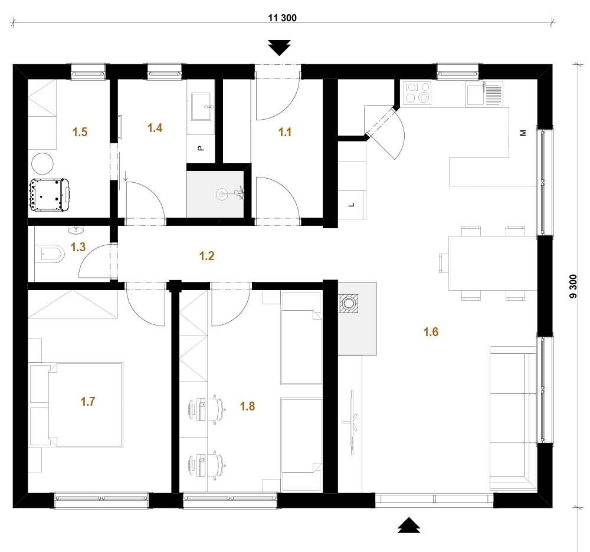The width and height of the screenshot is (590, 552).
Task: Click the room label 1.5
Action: tap(80, 132)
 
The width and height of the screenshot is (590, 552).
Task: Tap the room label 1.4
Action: tap(155, 128)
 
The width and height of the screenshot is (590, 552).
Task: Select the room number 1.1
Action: tap(285, 132)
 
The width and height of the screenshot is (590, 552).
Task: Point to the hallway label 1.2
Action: tap(206, 256)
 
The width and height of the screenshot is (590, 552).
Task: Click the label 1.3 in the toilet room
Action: tap(78, 247)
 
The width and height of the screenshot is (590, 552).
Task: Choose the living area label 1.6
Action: tap(431, 331)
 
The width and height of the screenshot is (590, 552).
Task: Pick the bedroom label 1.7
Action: tap(88, 401)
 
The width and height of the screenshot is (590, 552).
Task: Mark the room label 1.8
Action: tap(247, 406)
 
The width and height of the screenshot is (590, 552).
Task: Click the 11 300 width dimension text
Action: tap(282, 18)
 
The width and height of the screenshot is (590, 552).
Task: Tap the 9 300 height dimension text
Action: tap(573, 287)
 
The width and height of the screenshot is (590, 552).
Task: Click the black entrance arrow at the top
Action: tap(279, 47)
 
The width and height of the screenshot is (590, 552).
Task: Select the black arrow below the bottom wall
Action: tap(409, 525)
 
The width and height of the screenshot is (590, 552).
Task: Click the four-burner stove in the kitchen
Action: tap(417, 93)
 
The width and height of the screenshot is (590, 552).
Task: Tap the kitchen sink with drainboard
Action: tap(484, 94)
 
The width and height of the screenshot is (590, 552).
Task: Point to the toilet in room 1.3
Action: tap(50, 254)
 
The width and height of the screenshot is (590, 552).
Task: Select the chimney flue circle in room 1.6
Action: tap(349, 303)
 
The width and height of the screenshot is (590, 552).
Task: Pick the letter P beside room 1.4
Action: tap(201, 148)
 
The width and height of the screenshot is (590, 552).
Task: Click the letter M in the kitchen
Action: tap(523, 133)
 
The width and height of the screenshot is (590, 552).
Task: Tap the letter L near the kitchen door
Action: tap(352, 205)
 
